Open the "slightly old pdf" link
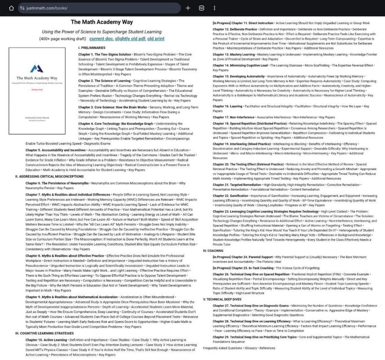click(x=131, y=39)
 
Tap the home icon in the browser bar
click(x=9, y=8)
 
